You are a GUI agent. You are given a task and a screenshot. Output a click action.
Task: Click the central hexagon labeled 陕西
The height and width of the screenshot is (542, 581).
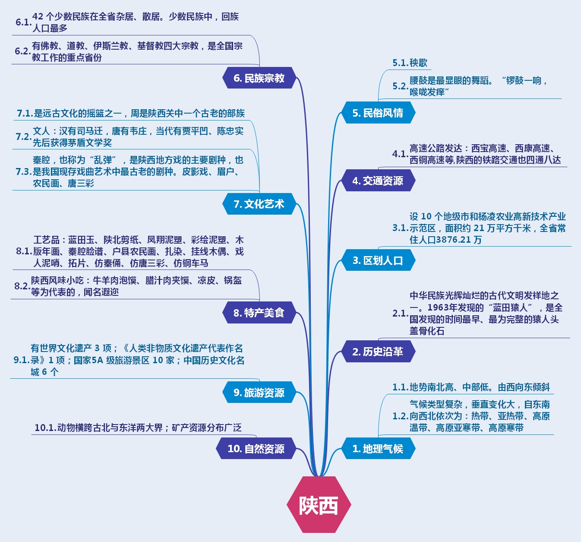pyautogui.click(x=319, y=504)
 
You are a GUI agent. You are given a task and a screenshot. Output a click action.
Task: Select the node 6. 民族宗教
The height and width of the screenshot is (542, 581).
pyautogui.click(x=259, y=78)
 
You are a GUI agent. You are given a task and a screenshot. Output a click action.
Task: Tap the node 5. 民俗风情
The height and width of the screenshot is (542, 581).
pyautogui.click(x=378, y=113)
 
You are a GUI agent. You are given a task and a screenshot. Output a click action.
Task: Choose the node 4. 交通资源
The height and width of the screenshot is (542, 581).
pyautogui.click(x=378, y=181)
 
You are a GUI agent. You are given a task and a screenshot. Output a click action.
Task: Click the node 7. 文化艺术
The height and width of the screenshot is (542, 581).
pyautogui.click(x=259, y=204)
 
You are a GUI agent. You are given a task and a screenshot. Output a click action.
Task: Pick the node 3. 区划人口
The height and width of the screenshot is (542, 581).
pyautogui.click(x=378, y=260)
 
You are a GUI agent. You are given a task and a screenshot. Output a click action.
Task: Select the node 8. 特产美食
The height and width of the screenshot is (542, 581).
pyautogui.click(x=259, y=313)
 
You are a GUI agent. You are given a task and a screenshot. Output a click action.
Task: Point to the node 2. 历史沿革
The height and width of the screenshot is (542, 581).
pyautogui.click(x=378, y=352)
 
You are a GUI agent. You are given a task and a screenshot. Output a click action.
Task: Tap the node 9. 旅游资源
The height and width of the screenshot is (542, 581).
pyautogui.click(x=259, y=393)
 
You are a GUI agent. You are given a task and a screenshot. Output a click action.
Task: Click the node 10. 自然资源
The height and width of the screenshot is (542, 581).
pyautogui.click(x=256, y=449)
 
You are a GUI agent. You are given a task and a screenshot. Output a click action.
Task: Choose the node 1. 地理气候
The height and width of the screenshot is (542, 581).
pyautogui.click(x=378, y=449)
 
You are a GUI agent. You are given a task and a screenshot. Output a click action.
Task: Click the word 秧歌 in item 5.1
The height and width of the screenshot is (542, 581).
pyautogui.click(x=418, y=63)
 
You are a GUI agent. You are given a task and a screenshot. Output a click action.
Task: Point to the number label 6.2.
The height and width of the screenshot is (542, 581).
pyautogui.click(x=22, y=51)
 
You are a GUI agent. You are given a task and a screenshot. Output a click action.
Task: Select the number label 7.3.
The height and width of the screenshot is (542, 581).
pyautogui.click(x=24, y=171)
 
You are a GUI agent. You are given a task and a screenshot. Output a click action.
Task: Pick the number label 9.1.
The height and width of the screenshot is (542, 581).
pyautogui.click(x=22, y=360)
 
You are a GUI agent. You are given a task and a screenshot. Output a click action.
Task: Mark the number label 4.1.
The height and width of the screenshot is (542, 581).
pyautogui.click(x=400, y=154)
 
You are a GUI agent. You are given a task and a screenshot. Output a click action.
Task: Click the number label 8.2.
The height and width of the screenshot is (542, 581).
pyautogui.click(x=22, y=286)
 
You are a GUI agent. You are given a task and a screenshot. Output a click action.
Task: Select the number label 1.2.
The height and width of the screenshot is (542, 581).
pyautogui.click(x=400, y=416)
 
